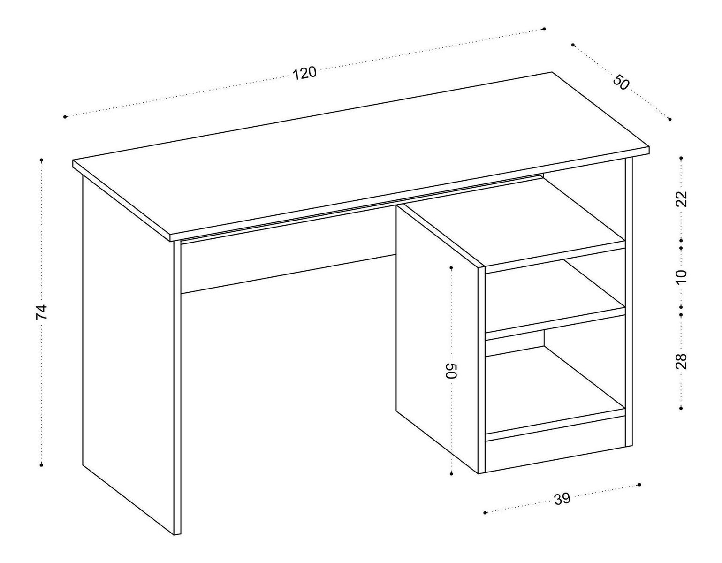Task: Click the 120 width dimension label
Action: (x=304, y=73)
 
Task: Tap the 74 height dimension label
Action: (x=42, y=312)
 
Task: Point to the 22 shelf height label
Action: (x=682, y=199)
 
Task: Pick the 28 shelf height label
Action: (x=681, y=361)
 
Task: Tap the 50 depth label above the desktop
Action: (x=621, y=83)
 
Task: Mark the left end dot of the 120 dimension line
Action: (x=65, y=117)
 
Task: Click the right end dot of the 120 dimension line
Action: (x=544, y=29)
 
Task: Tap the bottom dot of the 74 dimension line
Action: (x=42, y=465)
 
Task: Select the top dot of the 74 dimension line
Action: (x=42, y=160)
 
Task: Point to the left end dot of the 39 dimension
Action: (x=486, y=522)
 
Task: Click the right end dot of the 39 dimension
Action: (x=639, y=494)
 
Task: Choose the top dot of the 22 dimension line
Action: (x=681, y=158)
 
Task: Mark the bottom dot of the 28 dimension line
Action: (x=681, y=408)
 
